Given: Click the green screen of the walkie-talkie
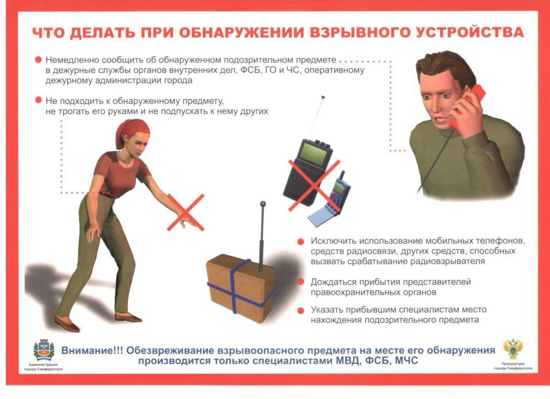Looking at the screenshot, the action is pyautogui.click(x=314, y=153).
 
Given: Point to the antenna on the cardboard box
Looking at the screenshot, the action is pyautogui.click(x=262, y=237).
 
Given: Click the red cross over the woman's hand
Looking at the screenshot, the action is pyautogui.click(x=185, y=212).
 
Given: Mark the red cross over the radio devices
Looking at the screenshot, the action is pyautogui.click(x=314, y=186).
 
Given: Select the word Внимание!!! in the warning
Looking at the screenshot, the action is pyautogui.click(x=92, y=350).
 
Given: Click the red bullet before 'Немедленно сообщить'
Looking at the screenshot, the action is pyautogui.click(x=38, y=60).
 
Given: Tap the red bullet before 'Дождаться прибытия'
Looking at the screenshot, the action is pyautogui.click(x=301, y=282).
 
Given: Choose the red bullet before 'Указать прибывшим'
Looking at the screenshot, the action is pyautogui.click(x=301, y=311).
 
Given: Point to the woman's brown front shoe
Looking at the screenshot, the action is pyautogui.click(x=67, y=323).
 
